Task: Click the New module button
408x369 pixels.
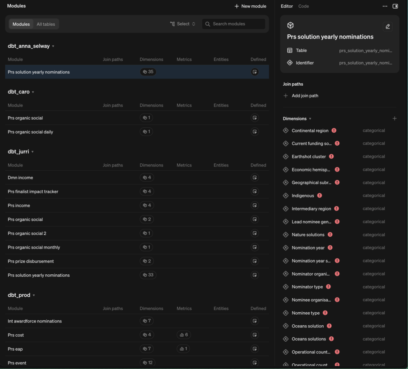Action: click(x=251, y=6)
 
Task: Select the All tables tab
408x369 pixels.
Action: click(x=46, y=24)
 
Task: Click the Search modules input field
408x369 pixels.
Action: click(x=234, y=24)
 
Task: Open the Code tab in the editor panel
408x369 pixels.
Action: click(x=304, y=6)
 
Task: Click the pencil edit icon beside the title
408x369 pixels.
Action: click(x=388, y=26)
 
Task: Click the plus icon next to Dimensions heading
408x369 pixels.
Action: click(x=395, y=118)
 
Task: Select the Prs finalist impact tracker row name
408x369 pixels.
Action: click(x=33, y=191)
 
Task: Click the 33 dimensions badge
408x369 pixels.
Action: click(x=148, y=275)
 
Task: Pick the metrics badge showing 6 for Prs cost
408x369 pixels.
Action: click(x=184, y=335)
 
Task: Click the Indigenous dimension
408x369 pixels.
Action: click(x=303, y=196)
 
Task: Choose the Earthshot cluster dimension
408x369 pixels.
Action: click(x=308, y=156)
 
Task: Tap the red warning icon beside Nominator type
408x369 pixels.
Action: click(x=328, y=287)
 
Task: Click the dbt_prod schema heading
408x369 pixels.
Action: click(x=19, y=295)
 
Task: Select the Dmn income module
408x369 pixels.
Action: click(x=20, y=178)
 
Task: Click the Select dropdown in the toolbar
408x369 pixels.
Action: click(x=183, y=24)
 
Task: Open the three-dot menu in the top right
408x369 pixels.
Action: click(x=385, y=6)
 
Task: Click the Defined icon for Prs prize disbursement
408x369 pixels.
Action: click(x=255, y=261)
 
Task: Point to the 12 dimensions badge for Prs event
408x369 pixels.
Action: click(x=148, y=362)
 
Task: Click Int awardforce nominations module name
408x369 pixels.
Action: click(x=35, y=321)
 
